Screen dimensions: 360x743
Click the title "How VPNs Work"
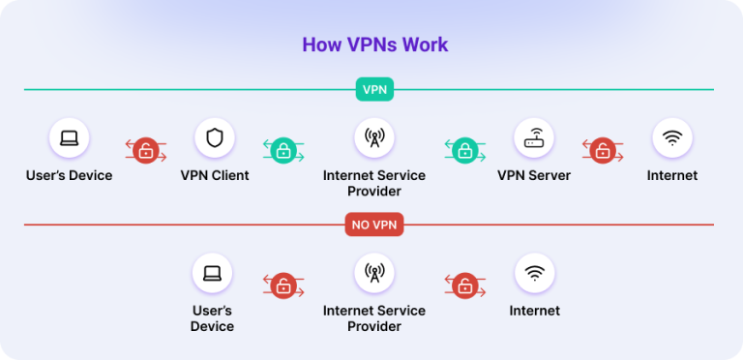[x=374, y=45]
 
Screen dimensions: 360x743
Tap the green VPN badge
[x=373, y=90]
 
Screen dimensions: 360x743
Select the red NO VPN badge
[x=373, y=225]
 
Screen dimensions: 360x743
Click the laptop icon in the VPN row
[x=70, y=137]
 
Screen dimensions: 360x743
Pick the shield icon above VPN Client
[x=214, y=137]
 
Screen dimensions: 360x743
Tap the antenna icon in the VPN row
[x=373, y=137]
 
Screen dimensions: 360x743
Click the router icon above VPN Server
[x=534, y=137]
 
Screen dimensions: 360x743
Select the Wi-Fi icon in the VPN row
[x=672, y=137]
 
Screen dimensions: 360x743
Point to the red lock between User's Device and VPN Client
[x=145, y=150]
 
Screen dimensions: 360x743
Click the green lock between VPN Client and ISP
[x=283, y=150]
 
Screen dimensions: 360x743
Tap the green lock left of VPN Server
[x=464, y=150]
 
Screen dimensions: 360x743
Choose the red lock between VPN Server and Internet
[x=603, y=150]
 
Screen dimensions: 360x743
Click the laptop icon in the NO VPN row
[x=212, y=273]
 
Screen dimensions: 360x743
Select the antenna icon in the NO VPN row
[x=373, y=273]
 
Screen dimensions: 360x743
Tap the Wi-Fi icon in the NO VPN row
[x=534, y=273]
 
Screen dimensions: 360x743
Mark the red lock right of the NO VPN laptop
[x=283, y=285]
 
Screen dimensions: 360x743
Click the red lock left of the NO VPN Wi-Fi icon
[x=464, y=285]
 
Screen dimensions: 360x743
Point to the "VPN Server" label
[x=534, y=176]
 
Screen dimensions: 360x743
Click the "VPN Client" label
[x=214, y=176]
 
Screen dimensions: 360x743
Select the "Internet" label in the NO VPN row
[x=534, y=311]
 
